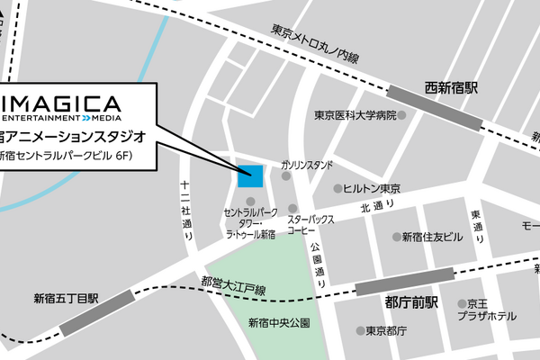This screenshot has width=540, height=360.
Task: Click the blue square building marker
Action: click(249, 175)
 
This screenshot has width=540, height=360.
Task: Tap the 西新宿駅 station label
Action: click(451, 88)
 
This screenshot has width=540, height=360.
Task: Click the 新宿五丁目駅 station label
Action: click(65, 298)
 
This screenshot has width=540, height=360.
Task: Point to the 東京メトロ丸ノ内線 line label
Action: click(314, 43)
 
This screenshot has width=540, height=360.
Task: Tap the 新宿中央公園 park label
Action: click(279, 322)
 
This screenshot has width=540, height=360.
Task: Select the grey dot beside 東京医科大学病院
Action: click(401, 115)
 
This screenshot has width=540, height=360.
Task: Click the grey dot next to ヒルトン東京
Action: click(338, 189)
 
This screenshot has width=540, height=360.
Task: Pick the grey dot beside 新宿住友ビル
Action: click(396, 237)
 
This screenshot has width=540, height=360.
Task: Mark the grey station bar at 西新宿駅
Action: click(433, 105)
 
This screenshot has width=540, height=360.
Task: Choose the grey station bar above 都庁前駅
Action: click(405, 281)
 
